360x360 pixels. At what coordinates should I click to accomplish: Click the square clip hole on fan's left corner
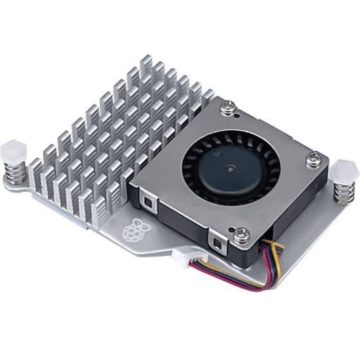pyautogui.click(x=148, y=202)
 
